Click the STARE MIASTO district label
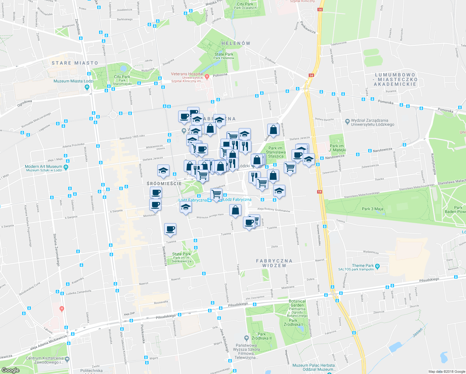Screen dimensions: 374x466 pyautogui.click(x=75, y=63)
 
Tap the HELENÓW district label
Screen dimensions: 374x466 pyautogui.click(x=236, y=43)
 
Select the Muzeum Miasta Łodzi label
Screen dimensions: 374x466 pyautogui.click(x=73, y=81)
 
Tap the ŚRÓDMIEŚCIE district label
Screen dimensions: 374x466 pyautogui.click(x=164, y=184)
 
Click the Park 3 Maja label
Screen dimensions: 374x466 pyautogui.click(x=373, y=209)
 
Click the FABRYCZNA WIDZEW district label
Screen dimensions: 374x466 pyautogui.click(x=274, y=263)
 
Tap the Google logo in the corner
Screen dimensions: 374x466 pyautogui.click(x=10, y=370)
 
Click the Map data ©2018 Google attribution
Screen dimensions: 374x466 pyautogui.click(x=446, y=372)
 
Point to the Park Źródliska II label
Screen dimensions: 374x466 pyautogui.click(x=262, y=336)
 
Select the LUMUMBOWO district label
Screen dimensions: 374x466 pyautogui.click(x=395, y=75)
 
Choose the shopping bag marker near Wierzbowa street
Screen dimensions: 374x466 pyautogui.click(x=273, y=130)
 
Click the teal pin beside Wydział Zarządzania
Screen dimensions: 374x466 pyautogui.click(x=347, y=121)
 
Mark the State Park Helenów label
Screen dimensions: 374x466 pyautogui.click(x=224, y=56)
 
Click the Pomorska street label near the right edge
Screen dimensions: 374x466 pyautogui.click(x=445, y=110)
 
